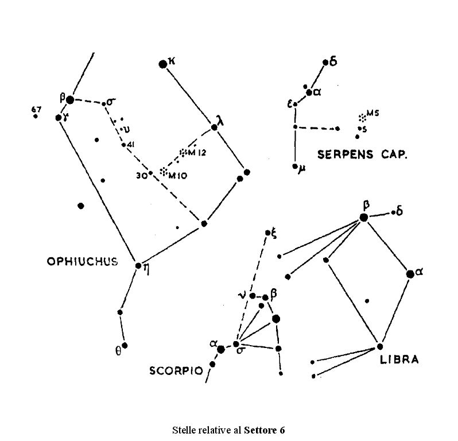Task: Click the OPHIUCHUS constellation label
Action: pyautogui.click(x=81, y=261)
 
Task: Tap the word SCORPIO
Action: pyautogui.click(x=176, y=370)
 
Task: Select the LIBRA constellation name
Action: pyautogui.click(x=399, y=361)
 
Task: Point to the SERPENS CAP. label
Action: pyautogui.click(x=362, y=154)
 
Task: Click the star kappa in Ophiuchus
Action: pyautogui.click(x=163, y=64)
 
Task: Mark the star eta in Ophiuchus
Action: pyautogui.click(x=138, y=265)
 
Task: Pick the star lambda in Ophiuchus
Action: pyautogui.click(x=215, y=127)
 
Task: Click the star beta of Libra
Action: pyautogui.click(x=363, y=217)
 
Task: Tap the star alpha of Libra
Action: pyautogui.click(x=410, y=274)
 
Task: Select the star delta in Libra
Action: pyautogui.click(x=393, y=212)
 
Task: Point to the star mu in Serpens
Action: pyautogui.click(x=295, y=167)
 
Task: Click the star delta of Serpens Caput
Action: pyautogui.click(x=325, y=62)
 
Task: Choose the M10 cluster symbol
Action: pyautogui.click(x=163, y=171)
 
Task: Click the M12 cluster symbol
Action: pyautogui.click(x=183, y=152)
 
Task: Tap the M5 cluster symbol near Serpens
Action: pyautogui.click(x=362, y=117)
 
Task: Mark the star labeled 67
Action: pyautogui.click(x=36, y=116)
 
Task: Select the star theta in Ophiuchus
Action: pyautogui.click(x=125, y=346)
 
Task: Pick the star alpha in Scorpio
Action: pyautogui.click(x=221, y=349)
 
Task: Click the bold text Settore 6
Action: pyautogui.click(x=264, y=430)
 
